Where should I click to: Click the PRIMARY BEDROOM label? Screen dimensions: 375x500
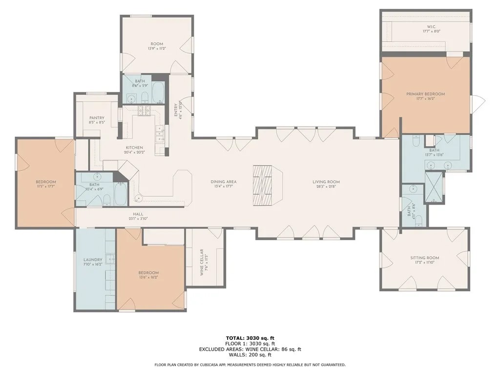pyautogui.click(x=425, y=94)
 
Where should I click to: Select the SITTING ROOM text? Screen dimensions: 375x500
pyautogui.click(x=424, y=258)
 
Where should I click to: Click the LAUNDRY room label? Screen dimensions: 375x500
pyautogui.click(x=93, y=260)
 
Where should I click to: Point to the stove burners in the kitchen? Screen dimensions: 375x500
pyautogui.click(x=145, y=111)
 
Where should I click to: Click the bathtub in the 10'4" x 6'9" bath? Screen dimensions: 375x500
pyautogui.click(x=119, y=194)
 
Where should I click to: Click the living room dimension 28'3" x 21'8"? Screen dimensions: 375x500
pyautogui.click(x=326, y=187)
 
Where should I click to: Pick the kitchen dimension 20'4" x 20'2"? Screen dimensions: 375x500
pyautogui.click(x=134, y=152)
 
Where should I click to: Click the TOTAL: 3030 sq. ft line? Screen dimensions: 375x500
pyautogui.click(x=250, y=338)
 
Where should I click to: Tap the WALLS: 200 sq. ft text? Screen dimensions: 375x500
pyautogui.click(x=250, y=354)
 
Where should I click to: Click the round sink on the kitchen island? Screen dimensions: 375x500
pyautogui.click(x=139, y=198)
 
